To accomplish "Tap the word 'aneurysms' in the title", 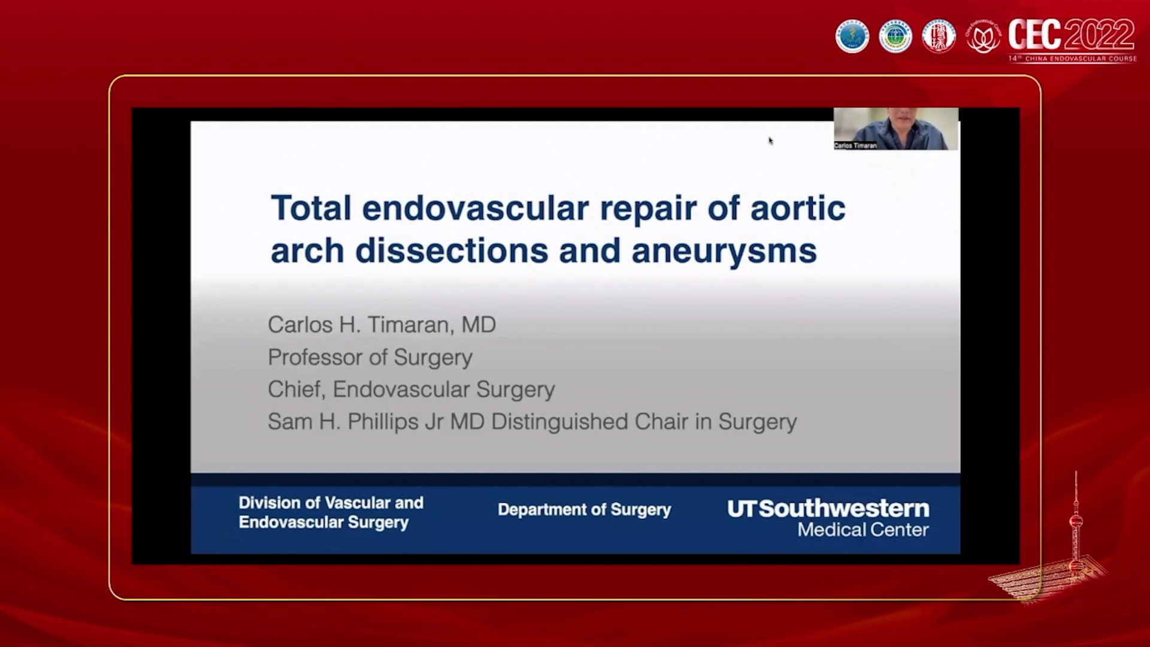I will pyautogui.click(x=724, y=250).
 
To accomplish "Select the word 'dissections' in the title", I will pyautogui.click(x=451, y=250).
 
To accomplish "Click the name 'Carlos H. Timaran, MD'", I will pyautogui.click(x=382, y=325).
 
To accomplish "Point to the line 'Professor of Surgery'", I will pyautogui.click(x=370, y=357).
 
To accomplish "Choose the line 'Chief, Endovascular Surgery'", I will pyautogui.click(x=411, y=389).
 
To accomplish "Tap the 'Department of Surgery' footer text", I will pyautogui.click(x=584, y=510).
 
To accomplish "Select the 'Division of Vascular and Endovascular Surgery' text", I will pyautogui.click(x=331, y=512).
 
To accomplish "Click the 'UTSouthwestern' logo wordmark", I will pyautogui.click(x=828, y=509).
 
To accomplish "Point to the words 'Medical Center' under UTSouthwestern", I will pyautogui.click(x=862, y=530).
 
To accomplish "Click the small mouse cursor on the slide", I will pyautogui.click(x=771, y=141).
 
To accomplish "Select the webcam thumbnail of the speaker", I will pyautogui.click(x=896, y=128).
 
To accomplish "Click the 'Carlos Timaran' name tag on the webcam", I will pyautogui.click(x=855, y=146).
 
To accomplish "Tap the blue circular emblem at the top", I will pyautogui.click(x=852, y=37).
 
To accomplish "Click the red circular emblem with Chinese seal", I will pyautogui.click(x=938, y=37).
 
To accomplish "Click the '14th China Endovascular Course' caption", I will pyautogui.click(x=1072, y=59).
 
